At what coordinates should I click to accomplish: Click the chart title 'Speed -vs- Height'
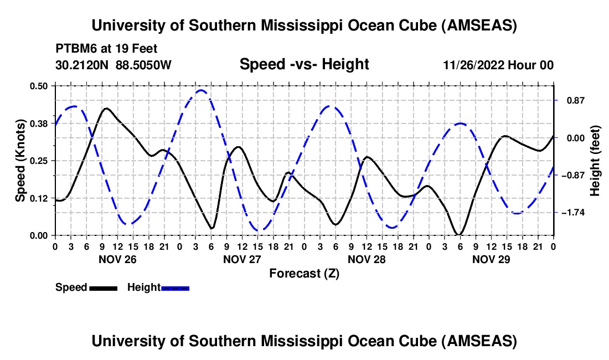tap(304, 65)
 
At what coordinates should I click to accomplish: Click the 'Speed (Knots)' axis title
tap(20, 161)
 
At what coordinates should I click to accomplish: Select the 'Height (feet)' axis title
tap(595, 161)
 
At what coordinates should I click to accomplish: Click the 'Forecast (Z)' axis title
tap(304, 273)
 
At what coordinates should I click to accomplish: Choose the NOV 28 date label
tap(367, 259)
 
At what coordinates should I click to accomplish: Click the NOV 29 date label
tap(491, 259)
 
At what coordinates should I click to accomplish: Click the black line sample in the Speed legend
tap(102, 287)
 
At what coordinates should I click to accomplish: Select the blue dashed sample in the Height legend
tap(175, 287)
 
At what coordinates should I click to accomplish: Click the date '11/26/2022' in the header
tap(473, 65)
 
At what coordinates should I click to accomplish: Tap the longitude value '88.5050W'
tap(144, 65)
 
